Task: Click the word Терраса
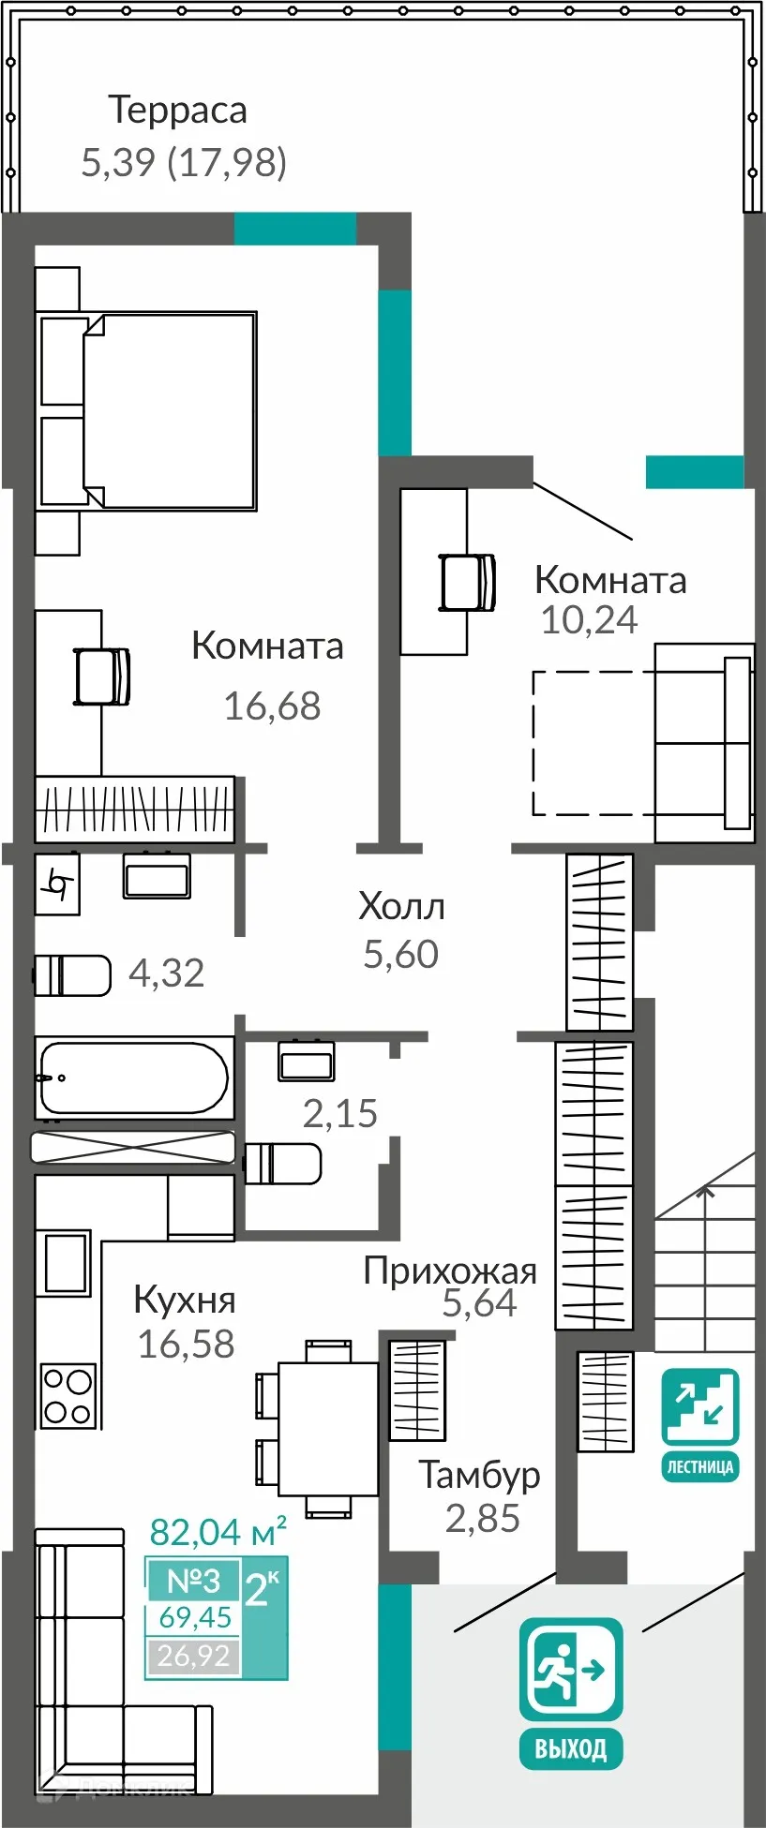[x=178, y=111]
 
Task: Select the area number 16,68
[x=272, y=706]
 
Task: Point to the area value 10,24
[x=589, y=620]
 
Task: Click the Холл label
[x=401, y=906]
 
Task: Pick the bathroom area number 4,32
[x=166, y=973]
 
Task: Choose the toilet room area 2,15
[x=339, y=1114]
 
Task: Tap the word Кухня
[x=185, y=1300]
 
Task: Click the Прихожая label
[x=450, y=1271]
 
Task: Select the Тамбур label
[x=479, y=1475]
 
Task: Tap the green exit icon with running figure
[x=571, y=1669]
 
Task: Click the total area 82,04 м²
[x=218, y=1532]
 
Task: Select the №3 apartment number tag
[x=193, y=1581]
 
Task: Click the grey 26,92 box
[x=193, y=1656]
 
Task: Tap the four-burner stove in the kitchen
[x=68, y=1395]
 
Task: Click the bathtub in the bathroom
[x=133, y=1077]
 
